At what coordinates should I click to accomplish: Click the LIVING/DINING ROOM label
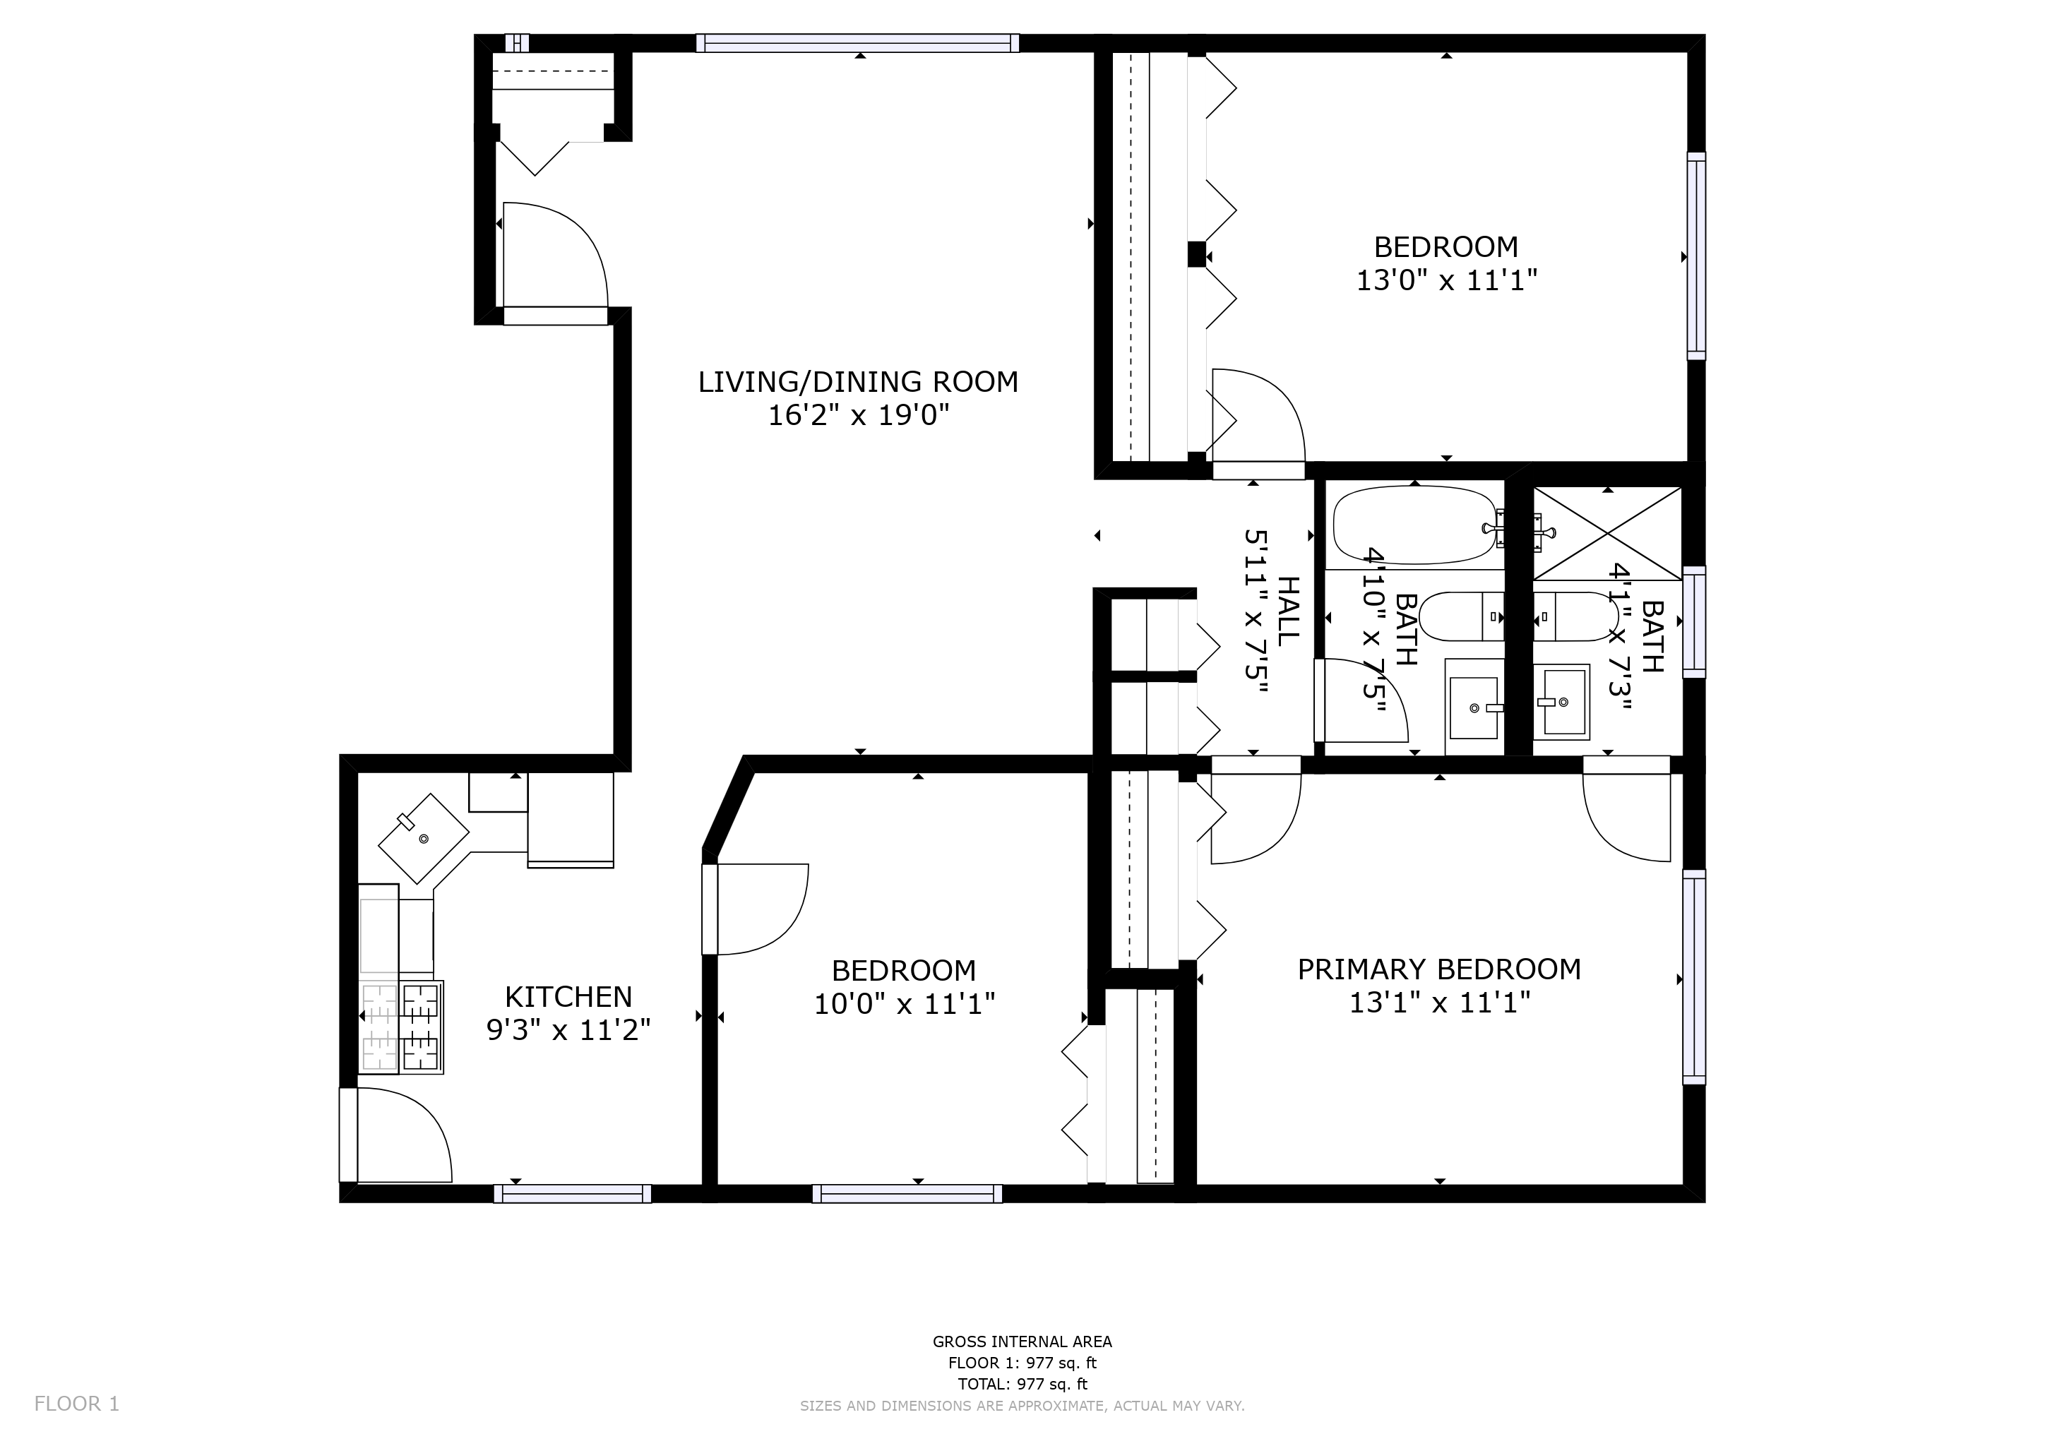point(858,382)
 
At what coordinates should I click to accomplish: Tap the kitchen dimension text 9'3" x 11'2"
point(568,1030)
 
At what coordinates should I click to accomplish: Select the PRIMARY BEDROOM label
point(1439,969)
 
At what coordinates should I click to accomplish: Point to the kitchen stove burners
point(401,1027)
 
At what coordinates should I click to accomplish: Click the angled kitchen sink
point(424,838)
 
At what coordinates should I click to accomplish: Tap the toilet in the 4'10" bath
point(1462,616)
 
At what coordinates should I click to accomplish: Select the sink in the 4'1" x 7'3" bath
point(1561,702)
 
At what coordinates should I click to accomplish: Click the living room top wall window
point(858,43)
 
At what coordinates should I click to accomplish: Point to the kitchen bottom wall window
point(573,1193)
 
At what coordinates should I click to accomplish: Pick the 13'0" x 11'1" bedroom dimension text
point(1446,280)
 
